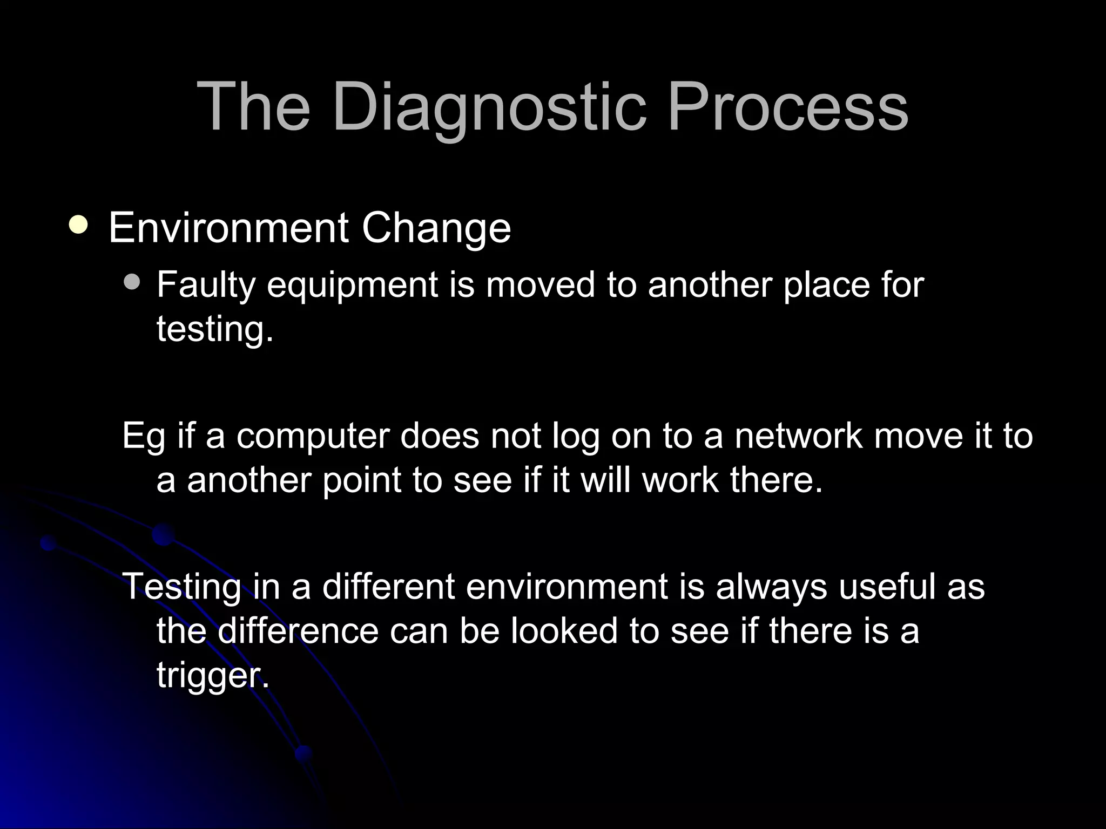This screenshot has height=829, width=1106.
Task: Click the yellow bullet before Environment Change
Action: pyautogui.click(x=79, y=225)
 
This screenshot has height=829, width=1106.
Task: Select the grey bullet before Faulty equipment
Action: pyautogui.click(x=131, y=282)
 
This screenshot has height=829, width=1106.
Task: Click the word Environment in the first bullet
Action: pyautogui.click(x=228, y=228)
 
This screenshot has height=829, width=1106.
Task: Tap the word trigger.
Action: pyautogui.click(x=212, y=676)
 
